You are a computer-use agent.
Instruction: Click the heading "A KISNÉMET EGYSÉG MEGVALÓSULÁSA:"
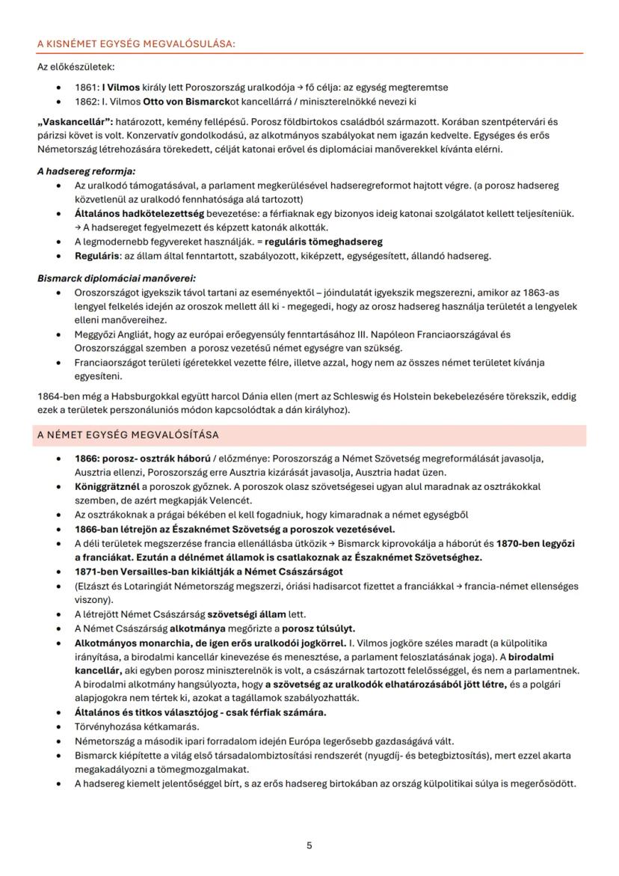(135, 44)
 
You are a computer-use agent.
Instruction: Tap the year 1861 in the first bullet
(87, 88)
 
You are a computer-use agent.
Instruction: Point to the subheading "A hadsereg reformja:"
(81, 171)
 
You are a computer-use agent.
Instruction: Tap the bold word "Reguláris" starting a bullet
(97, 256)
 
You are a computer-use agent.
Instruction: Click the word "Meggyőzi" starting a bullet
(96, 334)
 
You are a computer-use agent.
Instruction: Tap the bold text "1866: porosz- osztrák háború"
(142, 458)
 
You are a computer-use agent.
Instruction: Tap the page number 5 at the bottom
(309, 846)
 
